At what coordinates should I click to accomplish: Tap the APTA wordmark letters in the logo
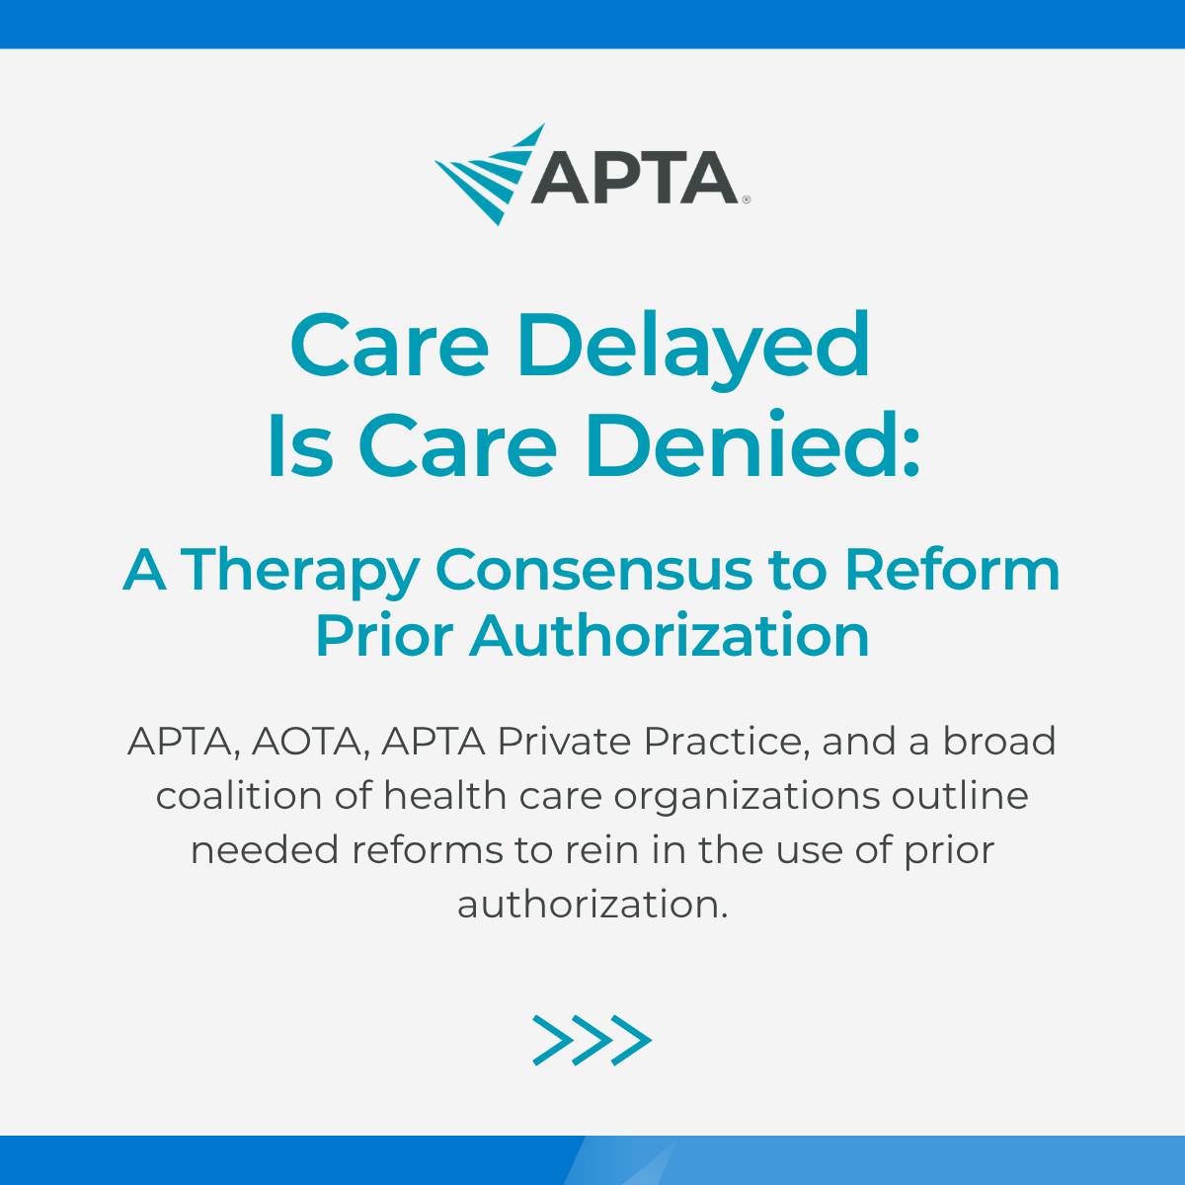coord(635,178)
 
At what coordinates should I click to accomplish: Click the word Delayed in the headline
coord(693,346)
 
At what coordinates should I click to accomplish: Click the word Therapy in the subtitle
coord(300,572)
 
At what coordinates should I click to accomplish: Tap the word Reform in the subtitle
coord(952,570)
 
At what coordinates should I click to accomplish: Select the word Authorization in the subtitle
coord(670,636)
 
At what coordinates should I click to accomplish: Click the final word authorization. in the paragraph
coord(592,904)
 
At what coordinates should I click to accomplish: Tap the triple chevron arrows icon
coord(592,1040)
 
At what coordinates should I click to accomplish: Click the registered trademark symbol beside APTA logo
coord(746,199)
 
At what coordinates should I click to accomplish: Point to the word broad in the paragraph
coord(999,741)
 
